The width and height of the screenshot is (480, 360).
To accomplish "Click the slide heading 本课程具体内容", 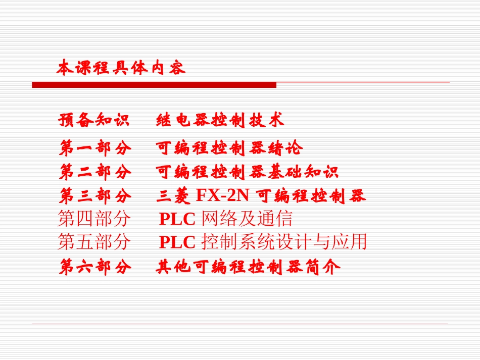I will (x=121, y=68).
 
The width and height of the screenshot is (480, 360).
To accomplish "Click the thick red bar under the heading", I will (x=154, y=85).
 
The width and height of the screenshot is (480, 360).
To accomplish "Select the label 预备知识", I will (x=94, y=120).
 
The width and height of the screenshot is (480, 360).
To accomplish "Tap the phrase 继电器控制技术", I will (x=220, y=120).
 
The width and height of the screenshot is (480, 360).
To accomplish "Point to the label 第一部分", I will (x=95, y=148).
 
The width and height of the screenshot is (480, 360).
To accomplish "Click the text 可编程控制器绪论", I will (x=229, y=148).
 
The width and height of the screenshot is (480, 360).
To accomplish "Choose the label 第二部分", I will (x=95, y=172).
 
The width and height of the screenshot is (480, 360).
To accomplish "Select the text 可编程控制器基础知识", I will (x=247, y=172).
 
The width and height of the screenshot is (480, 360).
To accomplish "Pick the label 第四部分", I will (x=94, y=219).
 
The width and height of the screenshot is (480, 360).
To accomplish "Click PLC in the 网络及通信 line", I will (x=177, y=219).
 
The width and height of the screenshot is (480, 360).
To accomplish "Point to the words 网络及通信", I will (x=247, y=219).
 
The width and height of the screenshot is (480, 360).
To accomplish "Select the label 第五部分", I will (x=94, y=243).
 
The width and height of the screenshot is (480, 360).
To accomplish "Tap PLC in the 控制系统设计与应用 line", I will (x=177, y=243).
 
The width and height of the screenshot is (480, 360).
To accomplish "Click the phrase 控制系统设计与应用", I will (x=284, y=243).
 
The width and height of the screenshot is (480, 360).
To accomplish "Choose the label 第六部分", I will (x=95, y=267).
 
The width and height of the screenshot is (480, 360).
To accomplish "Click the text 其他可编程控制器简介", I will (x=248, y=267).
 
